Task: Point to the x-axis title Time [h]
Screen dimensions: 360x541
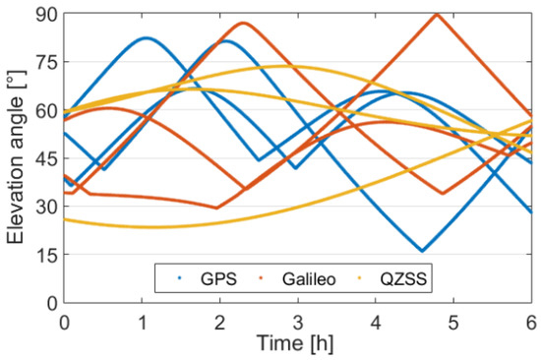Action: pos(298,344)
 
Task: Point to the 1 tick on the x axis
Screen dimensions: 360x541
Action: pos(142,321)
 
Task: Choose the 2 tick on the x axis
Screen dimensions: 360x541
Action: pos(219,321)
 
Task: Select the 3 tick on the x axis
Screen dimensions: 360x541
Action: pos(298,321)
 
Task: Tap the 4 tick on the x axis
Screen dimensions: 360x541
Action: pos(376,321)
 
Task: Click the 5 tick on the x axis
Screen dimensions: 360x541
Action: pos(453,321)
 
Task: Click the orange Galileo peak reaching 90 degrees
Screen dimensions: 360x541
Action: pos(437,14)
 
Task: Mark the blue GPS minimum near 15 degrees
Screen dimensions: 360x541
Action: pos(422,251)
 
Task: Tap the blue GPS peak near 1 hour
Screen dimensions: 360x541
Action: pos(147,38)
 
